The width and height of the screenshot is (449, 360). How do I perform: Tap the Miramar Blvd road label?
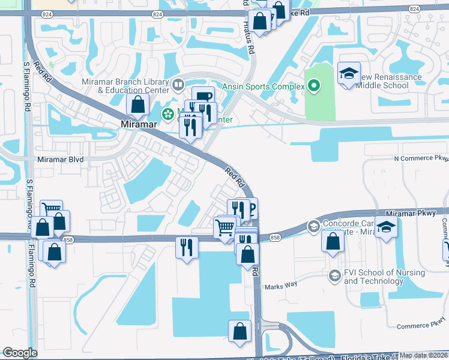point(60,160)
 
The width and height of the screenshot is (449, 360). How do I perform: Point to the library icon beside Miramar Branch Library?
point(178,85)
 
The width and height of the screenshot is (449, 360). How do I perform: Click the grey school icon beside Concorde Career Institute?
point(313,227)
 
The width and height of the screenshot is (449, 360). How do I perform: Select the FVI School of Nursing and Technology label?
point(384,277)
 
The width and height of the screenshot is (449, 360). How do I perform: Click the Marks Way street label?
point(282,286)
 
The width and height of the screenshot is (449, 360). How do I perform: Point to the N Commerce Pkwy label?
point(421,158)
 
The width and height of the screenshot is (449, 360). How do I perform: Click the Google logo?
point(20,353)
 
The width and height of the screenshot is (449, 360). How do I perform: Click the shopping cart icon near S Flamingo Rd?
point(52,211)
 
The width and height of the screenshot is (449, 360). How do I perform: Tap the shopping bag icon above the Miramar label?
point(138,105)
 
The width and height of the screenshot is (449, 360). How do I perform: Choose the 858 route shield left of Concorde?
point(275,238)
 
